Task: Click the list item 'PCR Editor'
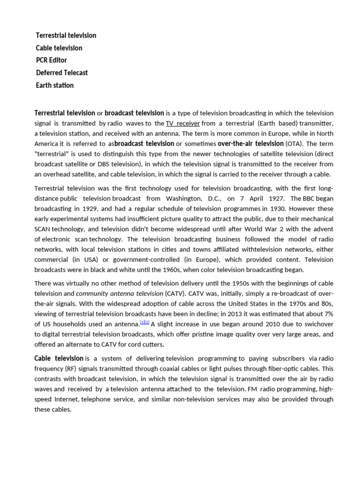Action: coord(52,60)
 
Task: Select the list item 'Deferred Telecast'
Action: coord(62,73)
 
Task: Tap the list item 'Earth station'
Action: coord(55,85)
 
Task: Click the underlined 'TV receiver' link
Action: coord(183,123)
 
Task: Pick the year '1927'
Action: coord(276,198)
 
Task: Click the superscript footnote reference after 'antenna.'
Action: coord(144,322)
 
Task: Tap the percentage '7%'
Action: coord(328,314)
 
